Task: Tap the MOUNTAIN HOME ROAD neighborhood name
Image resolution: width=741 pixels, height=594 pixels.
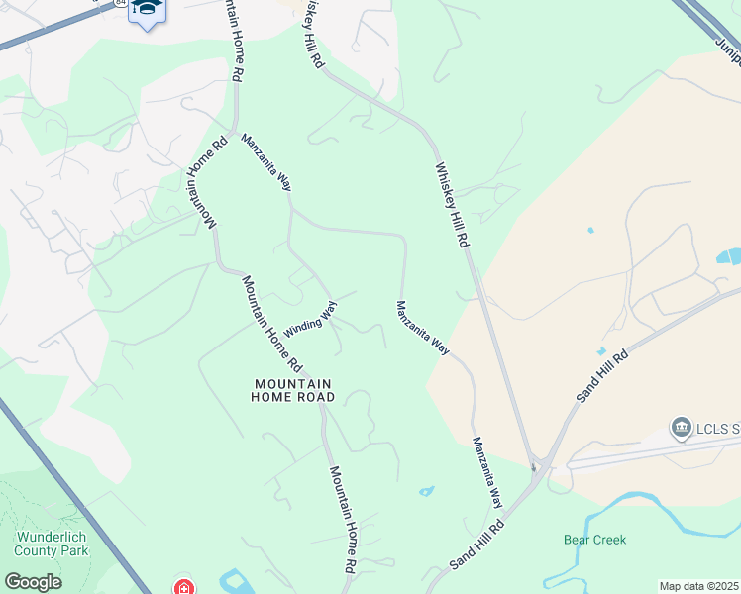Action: (x=294, y=390)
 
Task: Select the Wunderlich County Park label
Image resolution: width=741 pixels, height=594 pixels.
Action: (x=52, y=544)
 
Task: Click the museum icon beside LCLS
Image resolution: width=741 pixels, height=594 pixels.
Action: (x=681, y=428)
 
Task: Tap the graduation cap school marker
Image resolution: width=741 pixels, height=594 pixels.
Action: (x=147, y=9)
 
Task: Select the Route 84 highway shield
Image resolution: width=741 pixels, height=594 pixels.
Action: (x=120, y=3)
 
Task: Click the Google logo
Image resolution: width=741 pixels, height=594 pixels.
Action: (x=33, y=581)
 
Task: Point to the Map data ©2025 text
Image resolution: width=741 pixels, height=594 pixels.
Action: (x=699, y=586)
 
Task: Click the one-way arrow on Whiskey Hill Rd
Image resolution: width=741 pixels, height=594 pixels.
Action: (x=533, y=464)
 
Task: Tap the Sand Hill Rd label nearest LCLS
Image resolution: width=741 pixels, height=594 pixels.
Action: (x=602, y=375)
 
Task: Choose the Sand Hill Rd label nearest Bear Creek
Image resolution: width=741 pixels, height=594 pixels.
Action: (x=477, y=543)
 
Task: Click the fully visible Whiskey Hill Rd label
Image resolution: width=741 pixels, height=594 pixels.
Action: (x=451, y=205)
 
